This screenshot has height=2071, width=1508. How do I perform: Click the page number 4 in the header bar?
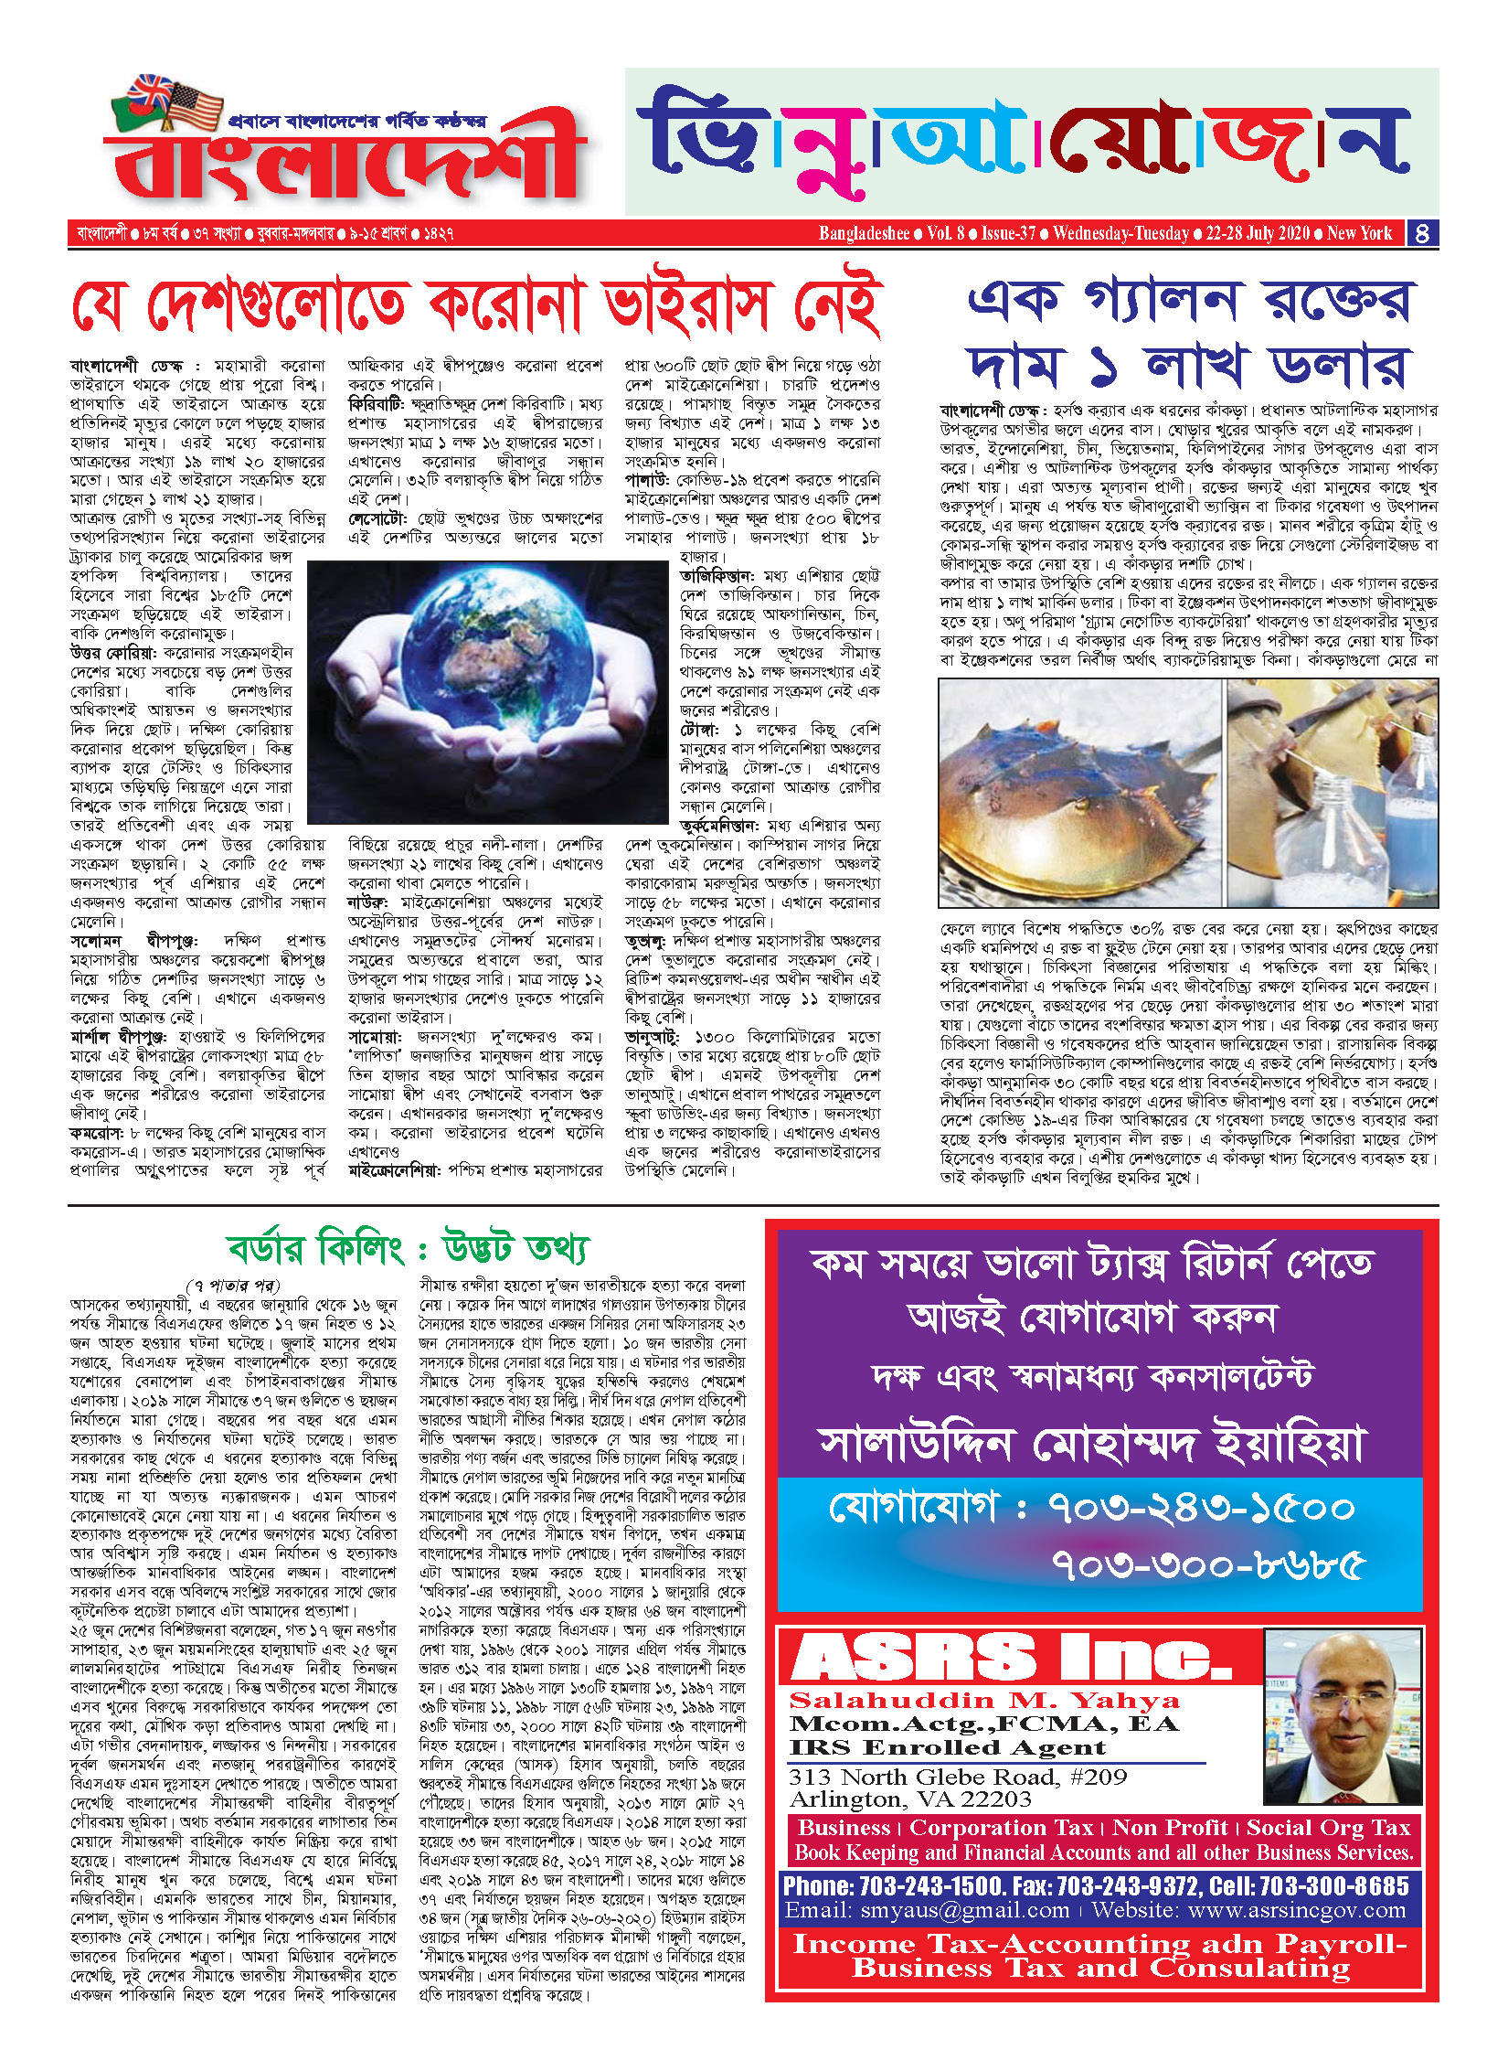(1422, 233)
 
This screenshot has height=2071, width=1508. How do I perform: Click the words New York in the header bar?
(1359, 233)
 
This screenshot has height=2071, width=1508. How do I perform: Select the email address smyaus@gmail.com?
(927, 1911)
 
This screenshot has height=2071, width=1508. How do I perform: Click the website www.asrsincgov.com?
(1248, 1911)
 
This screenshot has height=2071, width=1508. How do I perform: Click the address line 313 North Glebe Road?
(958, 1777)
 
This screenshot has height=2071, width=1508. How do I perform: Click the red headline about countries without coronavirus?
(475, 306)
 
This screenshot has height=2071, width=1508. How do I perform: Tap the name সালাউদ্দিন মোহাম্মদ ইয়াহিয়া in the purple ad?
(1093, 1446)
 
